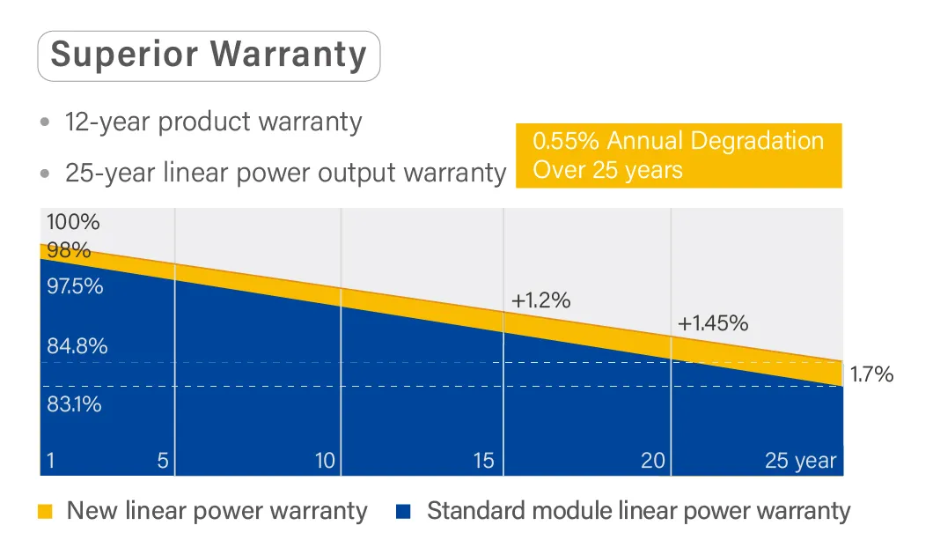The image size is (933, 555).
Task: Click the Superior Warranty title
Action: pos(209,55)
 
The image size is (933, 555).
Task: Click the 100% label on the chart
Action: pos(72,222)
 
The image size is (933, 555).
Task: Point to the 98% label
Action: pos(69,250)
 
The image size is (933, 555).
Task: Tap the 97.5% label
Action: pos(75,286)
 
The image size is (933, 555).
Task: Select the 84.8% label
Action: pos(77,346)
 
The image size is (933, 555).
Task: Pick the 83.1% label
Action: pos(75,404)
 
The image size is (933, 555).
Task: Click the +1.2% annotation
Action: pos(541,300)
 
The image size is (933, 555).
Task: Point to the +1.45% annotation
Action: pos(713,323)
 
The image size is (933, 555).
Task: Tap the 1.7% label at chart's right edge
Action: pos(871,374)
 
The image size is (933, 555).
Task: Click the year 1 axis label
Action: pos(50,461)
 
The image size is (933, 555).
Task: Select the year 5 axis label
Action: pos(163,461)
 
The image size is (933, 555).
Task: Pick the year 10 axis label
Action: pos(325,461)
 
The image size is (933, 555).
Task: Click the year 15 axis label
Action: pos(484,461)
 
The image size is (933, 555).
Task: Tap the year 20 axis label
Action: pos(653,461)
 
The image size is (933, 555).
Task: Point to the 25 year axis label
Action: pos(800,461)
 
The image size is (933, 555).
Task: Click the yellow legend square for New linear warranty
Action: pos(45,512)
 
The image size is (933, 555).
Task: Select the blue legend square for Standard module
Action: pos(403,512)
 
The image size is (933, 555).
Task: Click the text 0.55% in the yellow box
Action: pos(566,141)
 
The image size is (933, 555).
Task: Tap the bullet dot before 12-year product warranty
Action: pos(45,122)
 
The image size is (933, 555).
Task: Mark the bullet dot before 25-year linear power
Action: pos(45,174)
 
